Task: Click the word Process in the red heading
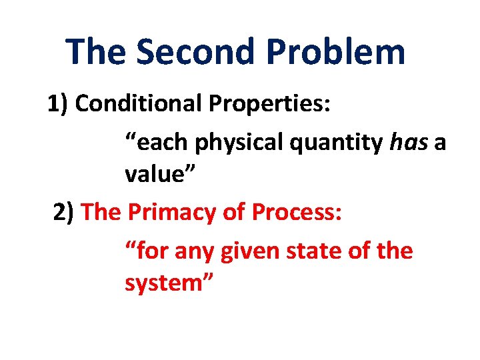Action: click(x=298, y=213)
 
